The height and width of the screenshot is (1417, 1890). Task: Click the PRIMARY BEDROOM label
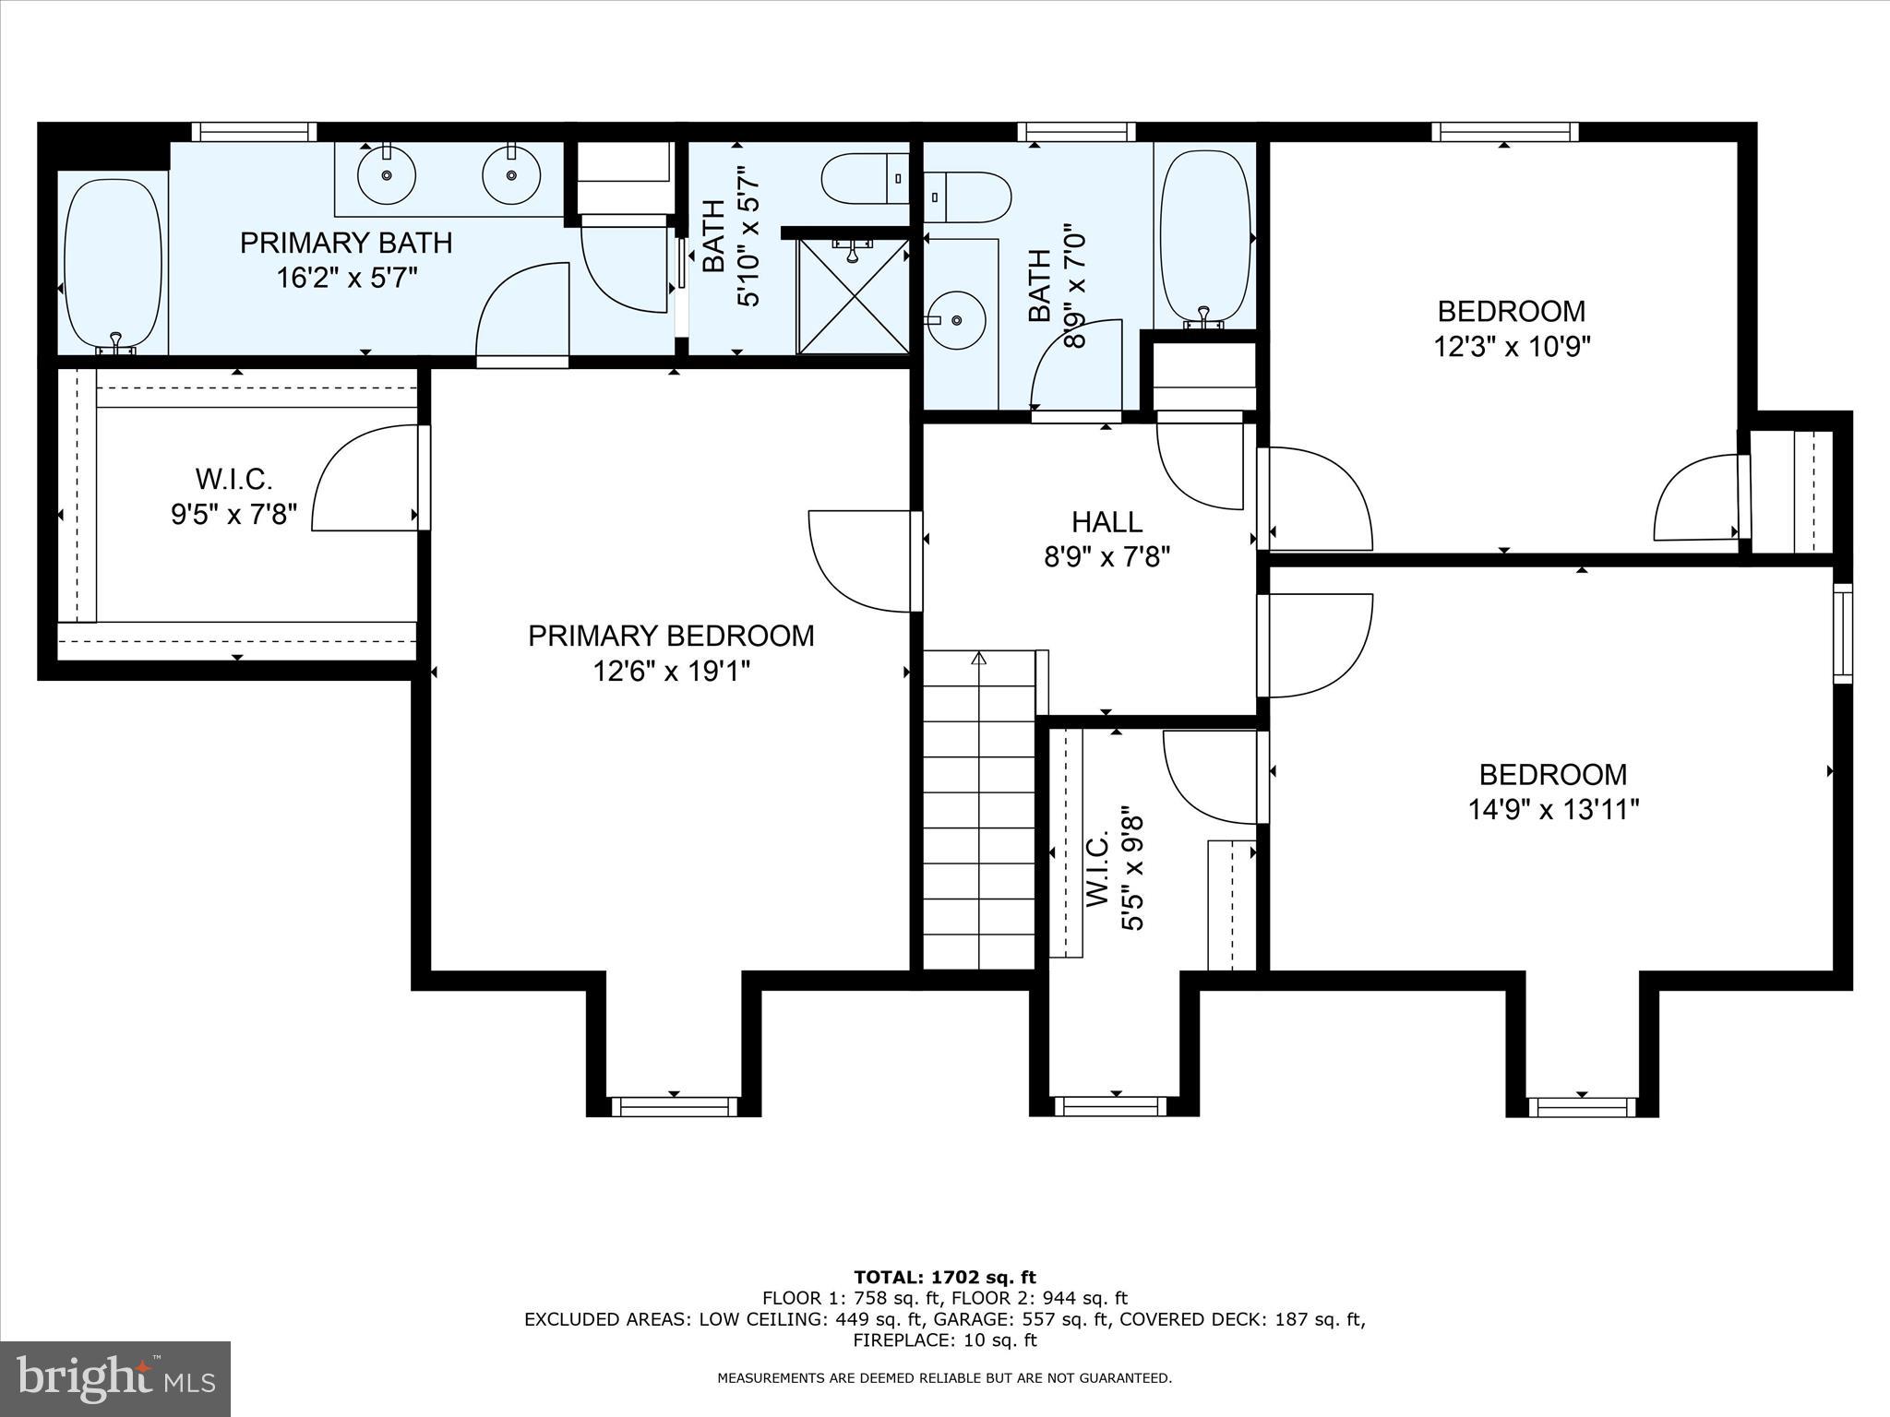click(x=671, y=636)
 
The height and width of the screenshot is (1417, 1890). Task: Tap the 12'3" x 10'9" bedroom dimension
click(x=1512, y=347)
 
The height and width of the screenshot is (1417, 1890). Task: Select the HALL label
click(x=1106, y=522)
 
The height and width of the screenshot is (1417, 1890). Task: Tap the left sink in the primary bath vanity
click(x=387, y=174)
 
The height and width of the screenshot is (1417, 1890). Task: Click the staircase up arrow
click(x=978, y=659)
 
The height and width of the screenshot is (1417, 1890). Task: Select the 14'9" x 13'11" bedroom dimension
click(x=1553, y=810)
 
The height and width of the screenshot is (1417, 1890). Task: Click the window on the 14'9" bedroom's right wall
click(x=1842, y=633)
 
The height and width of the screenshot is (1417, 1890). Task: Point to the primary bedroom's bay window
click(x=675, y=1106)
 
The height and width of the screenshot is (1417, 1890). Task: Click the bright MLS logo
click(x=115, y=1379)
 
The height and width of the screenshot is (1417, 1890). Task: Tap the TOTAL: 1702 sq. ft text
click(x=944, y=1278)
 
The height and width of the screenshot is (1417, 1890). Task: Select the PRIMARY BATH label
click(x=346, y=243)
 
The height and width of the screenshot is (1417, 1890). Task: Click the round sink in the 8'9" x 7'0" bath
click(x=956, y=319)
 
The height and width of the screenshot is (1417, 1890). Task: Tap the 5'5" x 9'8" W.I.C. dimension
click(x=1132, y=872)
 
